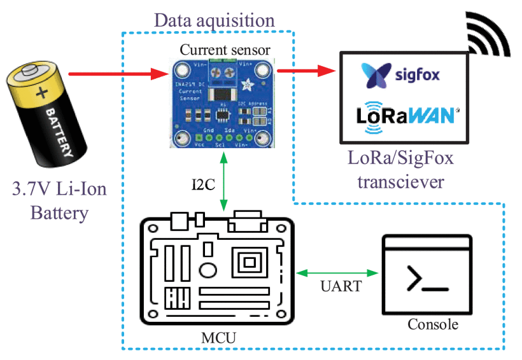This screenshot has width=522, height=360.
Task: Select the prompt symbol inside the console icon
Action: coord(425,280)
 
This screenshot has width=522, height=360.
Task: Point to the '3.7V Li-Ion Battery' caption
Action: coord(58,201)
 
